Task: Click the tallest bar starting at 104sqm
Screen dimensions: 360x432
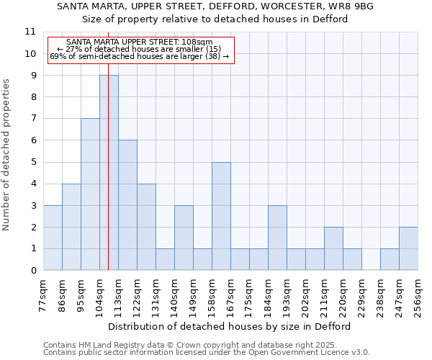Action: [109, 173]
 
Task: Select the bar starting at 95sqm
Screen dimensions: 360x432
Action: [90, 194]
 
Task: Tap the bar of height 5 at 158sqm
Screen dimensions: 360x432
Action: [221, 216]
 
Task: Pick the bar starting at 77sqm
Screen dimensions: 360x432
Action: [53, 238]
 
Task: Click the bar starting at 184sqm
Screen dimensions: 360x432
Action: [277, 238]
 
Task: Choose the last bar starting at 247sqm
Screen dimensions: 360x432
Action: [408, 248]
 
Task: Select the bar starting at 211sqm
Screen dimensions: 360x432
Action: [333, 248]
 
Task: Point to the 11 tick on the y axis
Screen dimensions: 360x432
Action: [30, 32]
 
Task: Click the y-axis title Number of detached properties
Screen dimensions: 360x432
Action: [7, 155]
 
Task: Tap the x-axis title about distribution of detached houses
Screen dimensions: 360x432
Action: [230, 326]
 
